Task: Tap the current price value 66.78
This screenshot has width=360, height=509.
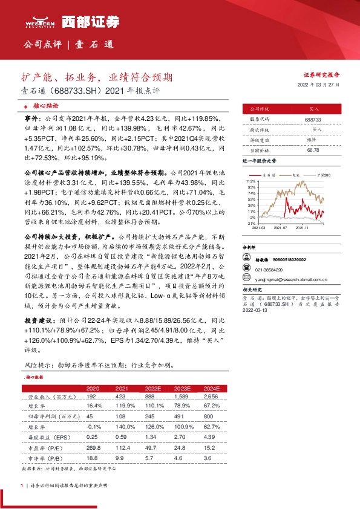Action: (x=313, y=150)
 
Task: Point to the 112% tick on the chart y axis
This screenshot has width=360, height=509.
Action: (x=251, y=181)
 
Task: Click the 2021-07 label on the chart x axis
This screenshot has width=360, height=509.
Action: (x=280, y=228)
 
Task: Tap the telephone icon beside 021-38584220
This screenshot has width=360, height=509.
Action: (x=246, y=270)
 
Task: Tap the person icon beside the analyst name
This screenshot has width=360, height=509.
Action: (x=246, y=259)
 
